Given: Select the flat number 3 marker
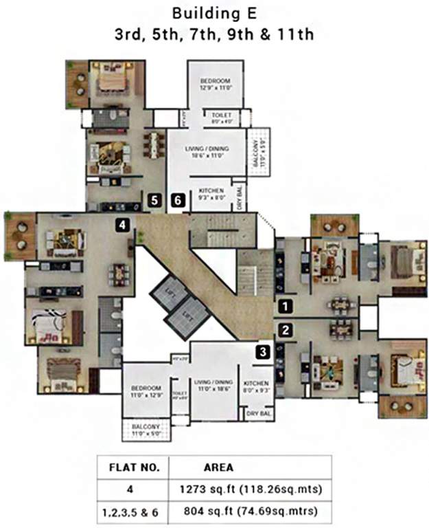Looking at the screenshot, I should coord(264,351).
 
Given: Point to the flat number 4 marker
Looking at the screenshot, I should coord(122,223).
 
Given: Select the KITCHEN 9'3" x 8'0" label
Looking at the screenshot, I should coord(212,193).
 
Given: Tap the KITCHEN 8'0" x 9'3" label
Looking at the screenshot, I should coord(256,387).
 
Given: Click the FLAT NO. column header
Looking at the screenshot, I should coord(135,467).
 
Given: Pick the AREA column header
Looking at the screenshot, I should coord(218,467).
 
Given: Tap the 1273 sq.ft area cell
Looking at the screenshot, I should coord(249,489).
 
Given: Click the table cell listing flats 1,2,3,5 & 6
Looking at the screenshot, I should coord(135,511).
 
